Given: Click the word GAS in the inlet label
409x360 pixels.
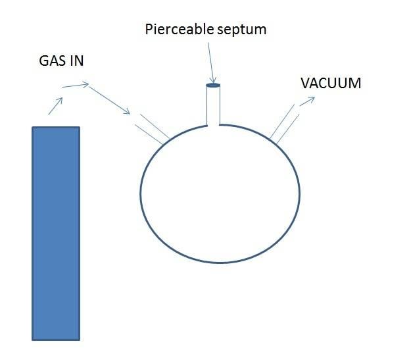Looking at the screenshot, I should [51, 61].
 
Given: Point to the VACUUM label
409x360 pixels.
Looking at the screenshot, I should [331, 84].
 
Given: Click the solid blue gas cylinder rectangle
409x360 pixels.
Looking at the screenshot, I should [56, 233].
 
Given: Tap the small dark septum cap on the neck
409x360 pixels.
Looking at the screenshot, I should [213, 85].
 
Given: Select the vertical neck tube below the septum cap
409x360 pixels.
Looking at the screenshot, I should [213, 105].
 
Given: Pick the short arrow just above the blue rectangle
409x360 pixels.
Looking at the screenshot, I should [56, 106].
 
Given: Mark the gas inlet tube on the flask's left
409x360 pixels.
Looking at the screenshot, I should [150, 128].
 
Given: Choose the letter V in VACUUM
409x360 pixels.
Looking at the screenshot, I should [304, 84].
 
